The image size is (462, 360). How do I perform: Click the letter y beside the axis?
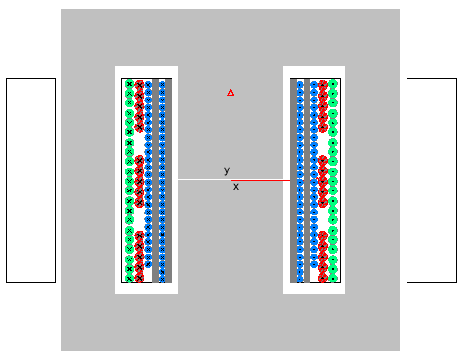227,170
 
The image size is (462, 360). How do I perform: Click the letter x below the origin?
236,187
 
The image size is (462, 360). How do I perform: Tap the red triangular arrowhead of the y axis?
231,92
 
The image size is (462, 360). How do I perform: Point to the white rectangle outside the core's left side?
31,180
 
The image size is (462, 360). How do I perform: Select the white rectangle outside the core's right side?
431,180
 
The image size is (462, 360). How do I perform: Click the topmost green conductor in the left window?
129,84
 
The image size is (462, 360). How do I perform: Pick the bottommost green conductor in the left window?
129,279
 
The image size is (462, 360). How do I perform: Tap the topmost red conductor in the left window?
140,85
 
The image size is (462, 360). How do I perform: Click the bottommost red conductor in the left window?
140,278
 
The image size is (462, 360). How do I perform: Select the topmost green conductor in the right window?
333,84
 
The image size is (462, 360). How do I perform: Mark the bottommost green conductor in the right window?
333,279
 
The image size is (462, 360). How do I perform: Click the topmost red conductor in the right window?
322,85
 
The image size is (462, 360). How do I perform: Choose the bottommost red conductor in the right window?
322,278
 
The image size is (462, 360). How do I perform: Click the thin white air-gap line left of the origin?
205,180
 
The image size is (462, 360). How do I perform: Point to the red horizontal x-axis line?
260,180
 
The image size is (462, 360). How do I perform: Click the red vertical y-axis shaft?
231,138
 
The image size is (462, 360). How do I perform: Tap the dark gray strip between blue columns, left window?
155,180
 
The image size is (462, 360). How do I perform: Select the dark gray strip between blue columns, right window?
307,180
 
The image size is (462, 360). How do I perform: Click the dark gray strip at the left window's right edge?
168,180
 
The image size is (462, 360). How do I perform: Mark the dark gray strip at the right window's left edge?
293,180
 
